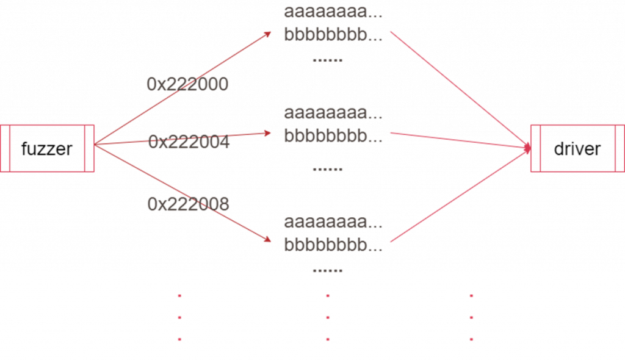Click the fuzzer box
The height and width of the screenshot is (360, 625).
pyautogui.click(x=47, y=148)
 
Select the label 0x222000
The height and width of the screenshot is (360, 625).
pyautogui.click(x=188, y=84)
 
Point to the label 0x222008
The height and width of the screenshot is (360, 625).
pyautogui.click(x=188, y=204)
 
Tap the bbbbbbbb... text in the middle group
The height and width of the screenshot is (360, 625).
pyautogui.click(x=333, y=135)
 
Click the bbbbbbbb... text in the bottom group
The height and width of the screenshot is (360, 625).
pyautogui.click(x=333, y=244)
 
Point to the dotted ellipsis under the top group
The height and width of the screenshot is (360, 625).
pyautogui.click(x=327, y=60)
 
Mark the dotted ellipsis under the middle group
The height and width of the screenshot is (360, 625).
pyautogui.click(x=327, y=168)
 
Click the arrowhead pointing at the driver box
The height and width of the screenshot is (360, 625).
pyautogui.click(x=526, y=147)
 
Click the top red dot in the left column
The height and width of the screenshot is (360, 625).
pyautogui.click(x=179, y=296)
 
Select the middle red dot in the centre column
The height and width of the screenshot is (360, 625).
pyautogui.click(x=328, y=317)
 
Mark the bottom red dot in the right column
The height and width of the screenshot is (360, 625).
pyautogui.click(x=472, y=339)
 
